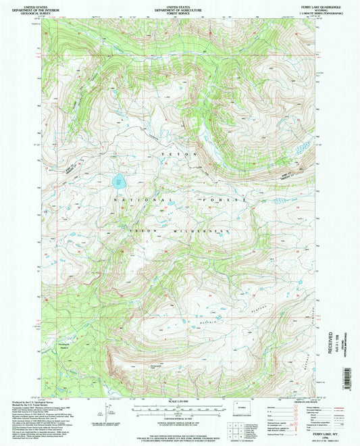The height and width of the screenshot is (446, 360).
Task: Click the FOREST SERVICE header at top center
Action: click(179, 10)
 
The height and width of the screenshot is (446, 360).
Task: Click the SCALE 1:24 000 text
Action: click(179, 403)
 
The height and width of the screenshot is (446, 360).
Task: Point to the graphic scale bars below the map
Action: click(179, 410)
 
